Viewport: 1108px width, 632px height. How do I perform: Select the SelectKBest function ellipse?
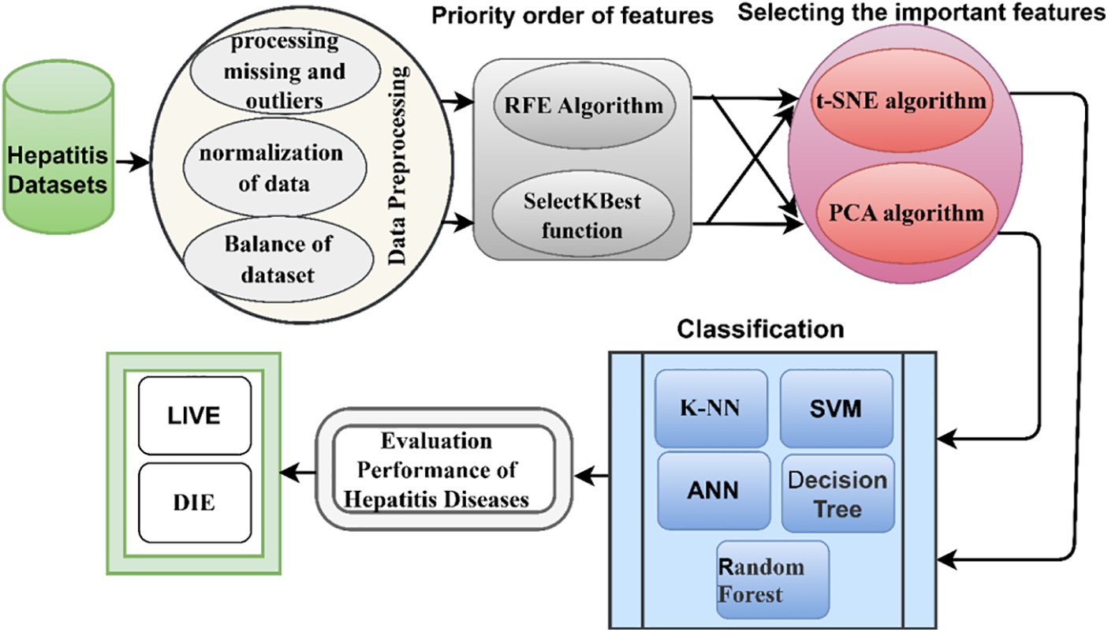583,215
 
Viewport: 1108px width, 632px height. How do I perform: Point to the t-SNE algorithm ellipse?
901,101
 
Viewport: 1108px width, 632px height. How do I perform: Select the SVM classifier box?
836,409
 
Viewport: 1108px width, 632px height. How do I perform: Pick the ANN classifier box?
714,490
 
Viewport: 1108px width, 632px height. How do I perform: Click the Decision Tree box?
838,493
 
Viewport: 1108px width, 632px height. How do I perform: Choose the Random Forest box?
773,579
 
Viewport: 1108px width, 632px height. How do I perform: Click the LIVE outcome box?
194,416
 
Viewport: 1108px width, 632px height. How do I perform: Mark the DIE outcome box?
194,503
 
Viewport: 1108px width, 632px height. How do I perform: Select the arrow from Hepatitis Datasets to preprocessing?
132,163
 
